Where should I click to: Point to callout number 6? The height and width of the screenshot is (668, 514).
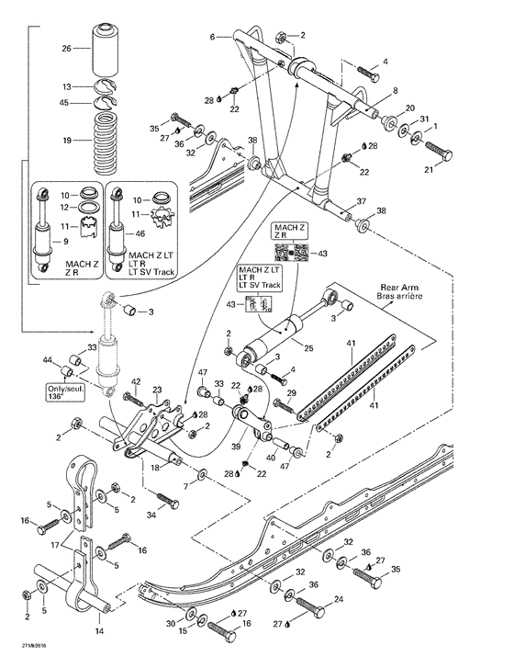tap(212, 37)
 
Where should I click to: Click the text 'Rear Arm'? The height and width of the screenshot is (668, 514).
tap(401, 287)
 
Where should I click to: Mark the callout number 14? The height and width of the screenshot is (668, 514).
tap(99, 631)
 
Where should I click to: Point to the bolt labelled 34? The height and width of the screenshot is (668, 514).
tap(166, 502)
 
